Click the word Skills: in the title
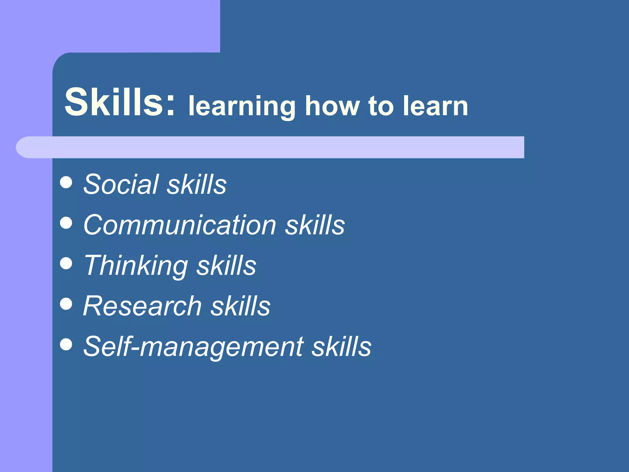click(120, 102)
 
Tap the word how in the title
click(332, 106)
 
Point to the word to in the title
click(381, 106)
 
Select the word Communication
click(180, 225)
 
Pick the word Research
click(142, 306)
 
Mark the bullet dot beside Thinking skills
click(66, 263)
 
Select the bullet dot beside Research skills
click(66, 304)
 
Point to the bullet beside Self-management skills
click(66, 344)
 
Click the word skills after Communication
click(315, 225)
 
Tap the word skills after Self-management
click(342, 347)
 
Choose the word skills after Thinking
click(226, 265)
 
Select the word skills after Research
click(240, 306)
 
